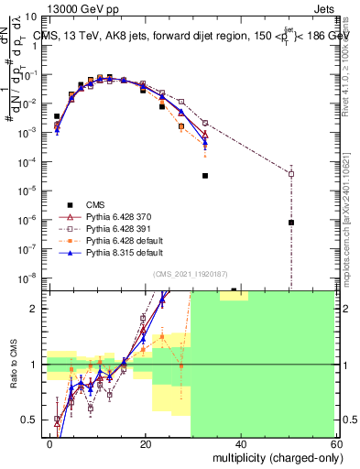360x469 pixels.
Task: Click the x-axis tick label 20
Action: pos(145,445)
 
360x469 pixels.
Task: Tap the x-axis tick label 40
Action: pos(240,445)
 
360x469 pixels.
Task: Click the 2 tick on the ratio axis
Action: pos(37,309)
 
